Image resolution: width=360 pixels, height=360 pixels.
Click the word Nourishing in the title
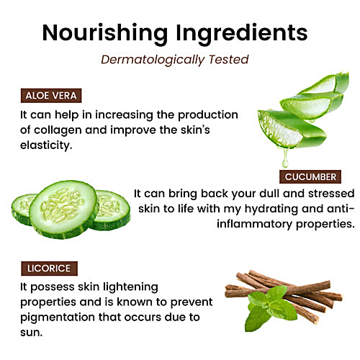click(x=105, y=34)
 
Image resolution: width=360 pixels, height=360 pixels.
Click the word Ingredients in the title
click(x=242, y=34)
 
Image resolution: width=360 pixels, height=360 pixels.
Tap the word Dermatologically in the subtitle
click(x=152, y=60)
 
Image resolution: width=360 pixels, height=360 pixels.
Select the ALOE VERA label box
click(x=51, y=96)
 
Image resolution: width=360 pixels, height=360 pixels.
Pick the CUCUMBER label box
click(x=310, y=177)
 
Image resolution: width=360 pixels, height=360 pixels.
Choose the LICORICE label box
click(x=49, y=269)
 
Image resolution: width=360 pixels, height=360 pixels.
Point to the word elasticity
click(x=46, y=145)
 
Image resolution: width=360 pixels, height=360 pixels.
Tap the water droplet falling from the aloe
click(x=285, y=158)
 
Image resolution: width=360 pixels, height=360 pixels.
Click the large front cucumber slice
click(x=63, y=210)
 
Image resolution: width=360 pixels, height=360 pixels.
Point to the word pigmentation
click(x=58, y=318)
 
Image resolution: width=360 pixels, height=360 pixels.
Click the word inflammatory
click(x=255, y=224)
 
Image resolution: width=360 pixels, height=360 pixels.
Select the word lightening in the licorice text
click(x=130, y=287)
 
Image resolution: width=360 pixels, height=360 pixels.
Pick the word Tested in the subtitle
click(x=228, y=59)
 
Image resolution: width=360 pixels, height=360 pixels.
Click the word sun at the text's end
click(x=31, y=333)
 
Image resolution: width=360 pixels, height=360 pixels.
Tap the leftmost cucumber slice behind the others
click(x=23, y=210)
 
